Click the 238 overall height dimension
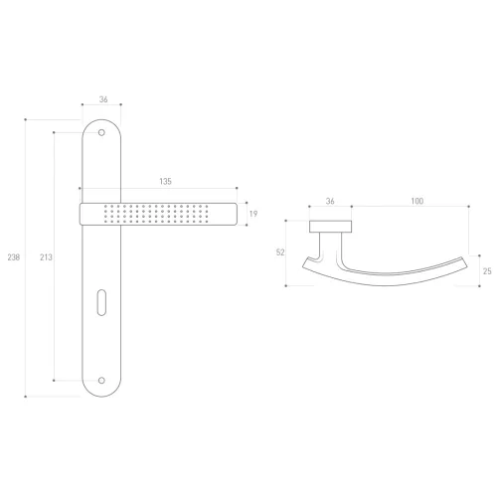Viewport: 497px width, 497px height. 14,257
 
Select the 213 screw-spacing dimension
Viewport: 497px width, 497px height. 46,257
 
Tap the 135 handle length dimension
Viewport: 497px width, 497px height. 165,181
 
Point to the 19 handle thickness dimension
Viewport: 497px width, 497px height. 253,214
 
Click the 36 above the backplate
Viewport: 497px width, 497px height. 103,99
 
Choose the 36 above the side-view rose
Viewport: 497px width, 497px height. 330,201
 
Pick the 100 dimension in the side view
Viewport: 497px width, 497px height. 417,201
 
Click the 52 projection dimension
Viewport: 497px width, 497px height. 280,252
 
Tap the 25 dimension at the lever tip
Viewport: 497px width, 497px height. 487,271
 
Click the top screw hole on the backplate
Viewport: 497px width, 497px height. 101,132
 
